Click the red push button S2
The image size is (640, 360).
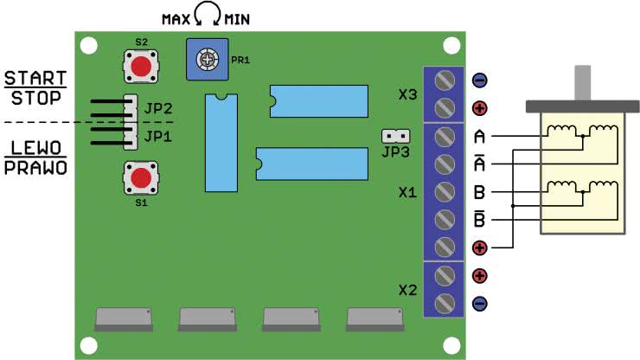pyautogui.click(x=141, y=67)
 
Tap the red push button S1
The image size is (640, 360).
pyautogui.click(x=141, y=178)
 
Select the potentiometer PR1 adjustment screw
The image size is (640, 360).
pyautogui.click(x=208, y=60)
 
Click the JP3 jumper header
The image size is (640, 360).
pyautogui.click(x=395, y=136)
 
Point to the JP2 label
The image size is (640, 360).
pyautogui.click(x=158, y=109)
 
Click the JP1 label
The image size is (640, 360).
pyautogui.click(x=158, y=136)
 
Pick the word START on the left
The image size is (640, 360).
pyautogui.click(x=35, y=78)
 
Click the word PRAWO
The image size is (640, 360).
pyautogui.click(x=35, y=168)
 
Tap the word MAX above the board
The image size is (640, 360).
pyautogui.click(x=176, y=19)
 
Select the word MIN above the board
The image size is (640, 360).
pyautogui.click(x=237, y=19)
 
